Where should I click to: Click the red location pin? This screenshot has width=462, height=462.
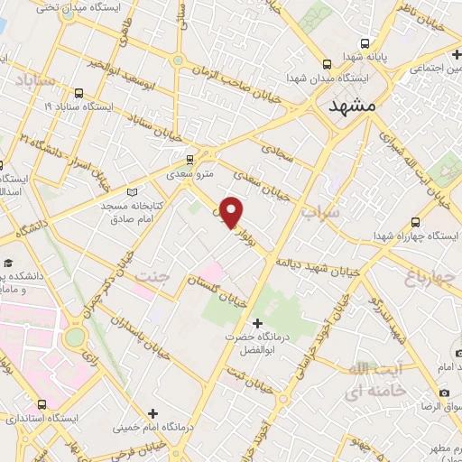232,212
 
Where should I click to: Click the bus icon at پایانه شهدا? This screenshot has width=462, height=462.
365,42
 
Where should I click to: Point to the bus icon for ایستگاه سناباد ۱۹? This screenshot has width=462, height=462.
79,92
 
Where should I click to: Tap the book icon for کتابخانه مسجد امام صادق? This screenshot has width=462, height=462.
134,191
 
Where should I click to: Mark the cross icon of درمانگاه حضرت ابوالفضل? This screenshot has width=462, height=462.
258,322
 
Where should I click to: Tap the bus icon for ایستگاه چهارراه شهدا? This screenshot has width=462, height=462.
414,221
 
